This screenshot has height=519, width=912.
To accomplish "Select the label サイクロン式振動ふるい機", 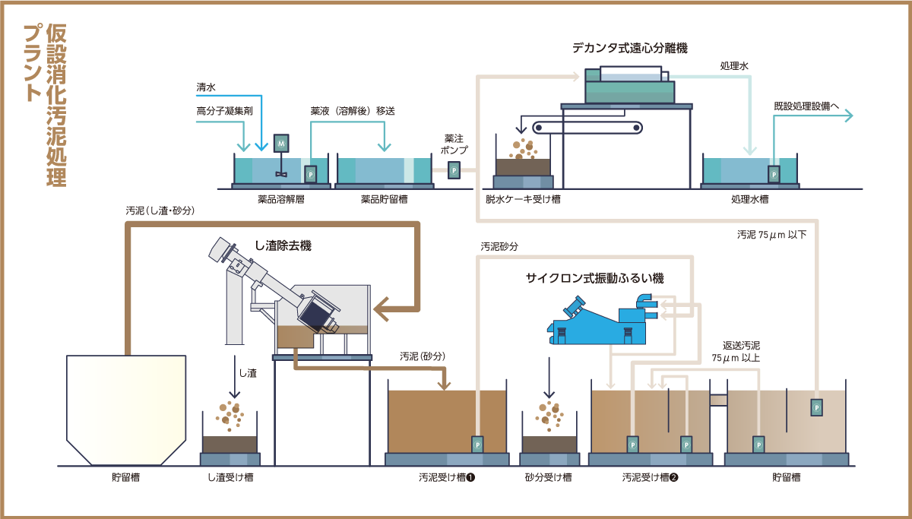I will [594, 279].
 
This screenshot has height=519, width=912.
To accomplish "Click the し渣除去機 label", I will [283, 245].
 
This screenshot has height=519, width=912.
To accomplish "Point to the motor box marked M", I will [281, 142].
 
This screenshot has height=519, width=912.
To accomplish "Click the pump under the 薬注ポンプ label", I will [454, 171].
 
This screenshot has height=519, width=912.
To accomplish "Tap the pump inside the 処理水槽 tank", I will [774, 174].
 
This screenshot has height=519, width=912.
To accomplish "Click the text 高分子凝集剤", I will [218, 111].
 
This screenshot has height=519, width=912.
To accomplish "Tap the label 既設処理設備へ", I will [806, 106].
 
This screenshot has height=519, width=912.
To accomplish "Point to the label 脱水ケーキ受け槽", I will [524, 200].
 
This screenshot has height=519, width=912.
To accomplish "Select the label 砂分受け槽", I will [548, 478].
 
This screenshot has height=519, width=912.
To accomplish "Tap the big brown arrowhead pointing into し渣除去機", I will [391, 308].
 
